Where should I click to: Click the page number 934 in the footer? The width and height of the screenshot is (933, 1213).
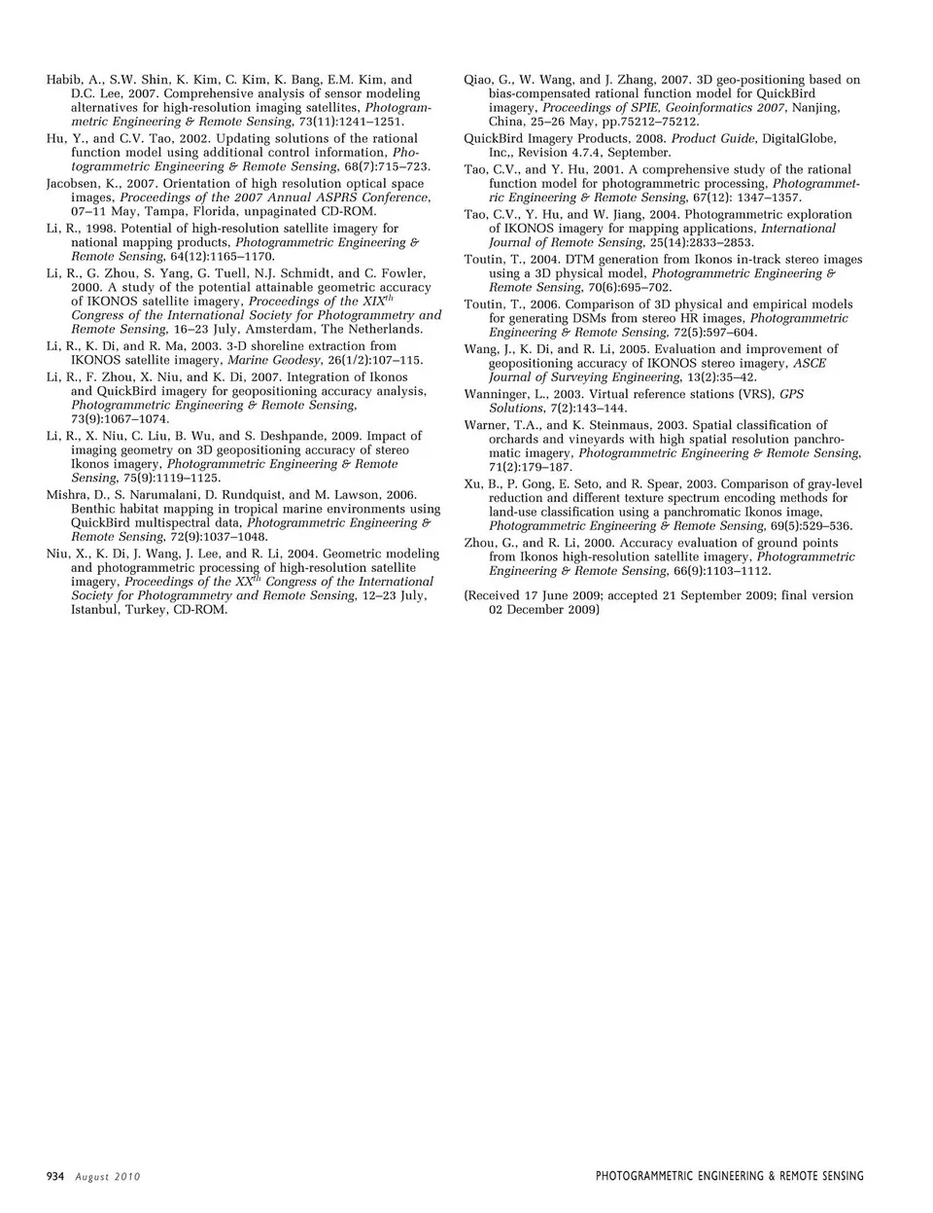(55, 1176)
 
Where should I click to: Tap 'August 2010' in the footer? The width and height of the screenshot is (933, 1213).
(108, 1177)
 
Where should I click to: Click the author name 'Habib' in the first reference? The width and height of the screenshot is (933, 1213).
(63, 80)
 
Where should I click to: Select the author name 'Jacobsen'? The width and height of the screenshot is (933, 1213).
(71, 183)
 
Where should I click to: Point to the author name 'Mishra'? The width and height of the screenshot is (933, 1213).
(67, 495)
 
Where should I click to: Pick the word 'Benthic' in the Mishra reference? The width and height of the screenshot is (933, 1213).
(93, 509)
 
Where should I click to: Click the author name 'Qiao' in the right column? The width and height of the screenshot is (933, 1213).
(479, 80)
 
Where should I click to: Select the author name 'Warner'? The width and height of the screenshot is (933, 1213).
(486, 425)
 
